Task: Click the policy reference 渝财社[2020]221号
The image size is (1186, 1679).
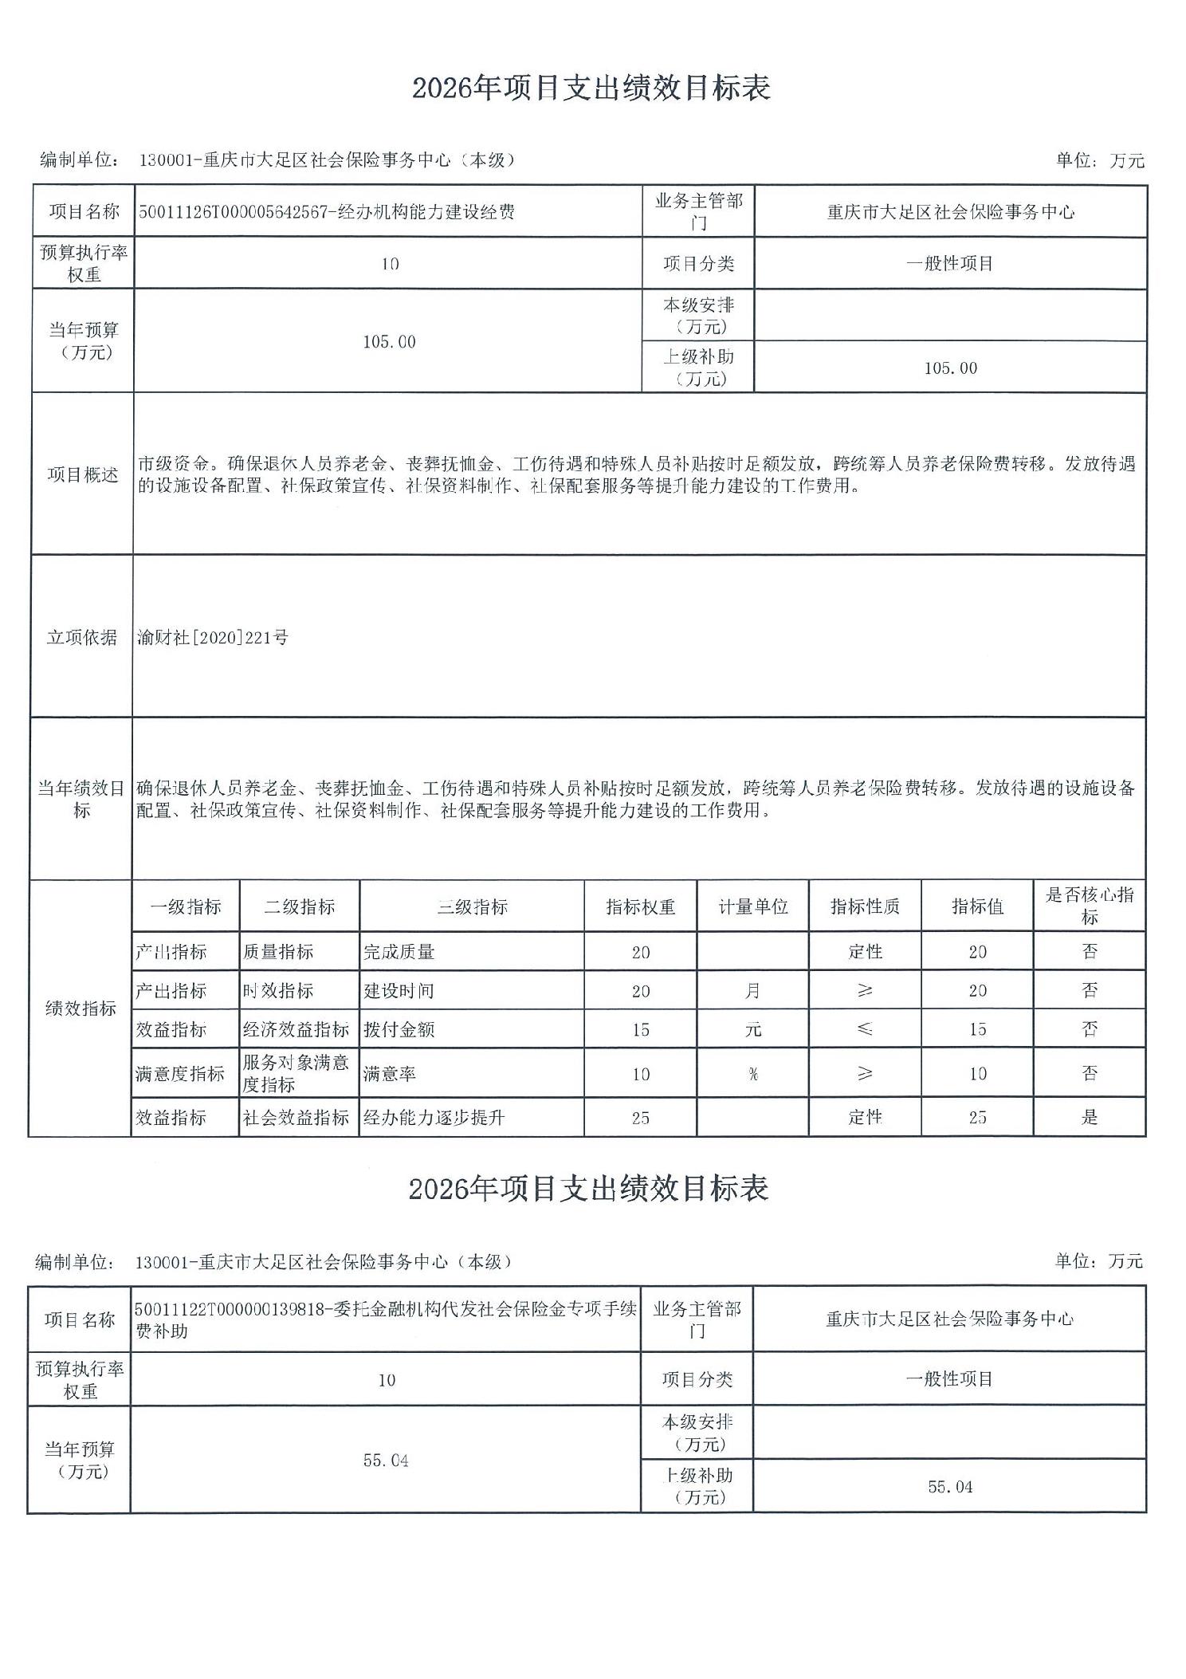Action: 213,637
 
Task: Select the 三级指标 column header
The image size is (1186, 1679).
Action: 472,906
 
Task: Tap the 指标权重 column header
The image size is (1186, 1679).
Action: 640,906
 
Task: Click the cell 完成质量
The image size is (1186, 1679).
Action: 399,952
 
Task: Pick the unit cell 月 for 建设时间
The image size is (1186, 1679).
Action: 752,991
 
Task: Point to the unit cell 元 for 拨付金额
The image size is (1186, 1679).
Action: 752,1029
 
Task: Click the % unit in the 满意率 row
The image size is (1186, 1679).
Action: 752,1074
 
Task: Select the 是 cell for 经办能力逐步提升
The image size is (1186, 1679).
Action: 1089,1117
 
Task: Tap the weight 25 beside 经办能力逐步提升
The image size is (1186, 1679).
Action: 640,1118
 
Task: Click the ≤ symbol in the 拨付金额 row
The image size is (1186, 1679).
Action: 865,1029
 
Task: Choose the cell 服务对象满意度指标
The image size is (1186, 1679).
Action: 296,1073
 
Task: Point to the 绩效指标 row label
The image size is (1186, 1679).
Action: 81,1008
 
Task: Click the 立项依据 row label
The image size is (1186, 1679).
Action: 81,637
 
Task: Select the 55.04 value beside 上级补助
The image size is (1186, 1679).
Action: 950,1487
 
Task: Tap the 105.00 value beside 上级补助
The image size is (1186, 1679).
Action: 950,368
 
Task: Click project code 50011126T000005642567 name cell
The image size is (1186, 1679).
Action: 327,211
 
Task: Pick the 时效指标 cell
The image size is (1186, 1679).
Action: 278,991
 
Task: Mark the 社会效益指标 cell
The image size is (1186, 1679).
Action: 296,1118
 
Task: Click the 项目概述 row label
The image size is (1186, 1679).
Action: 82,475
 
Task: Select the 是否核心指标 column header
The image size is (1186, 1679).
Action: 1089,906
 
